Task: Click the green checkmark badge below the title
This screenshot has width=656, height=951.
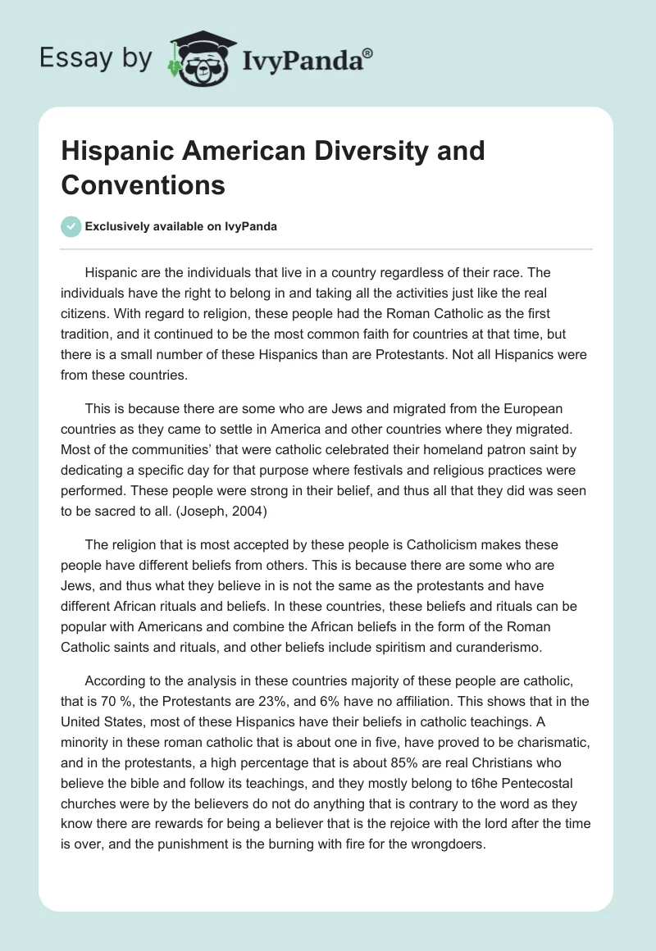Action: point(71,226)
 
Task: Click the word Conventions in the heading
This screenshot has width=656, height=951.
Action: point(143,184)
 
